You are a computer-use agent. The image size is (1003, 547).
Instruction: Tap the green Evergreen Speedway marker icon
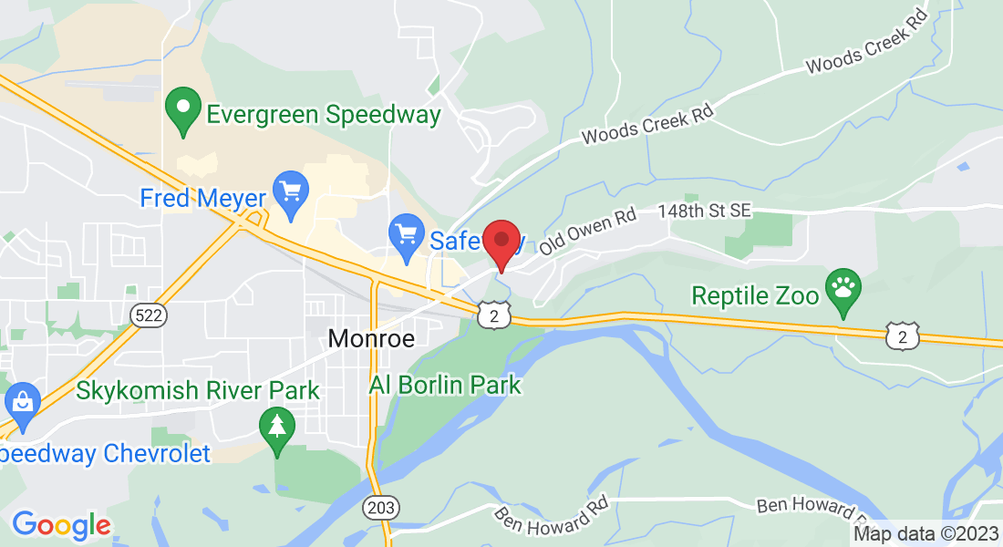[x=183, y=108]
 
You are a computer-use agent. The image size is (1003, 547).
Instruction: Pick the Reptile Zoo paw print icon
[x=843, y=289]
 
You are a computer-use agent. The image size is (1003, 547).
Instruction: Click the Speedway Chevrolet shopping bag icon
[x=19, y=402]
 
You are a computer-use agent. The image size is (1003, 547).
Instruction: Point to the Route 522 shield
[x=147, y=315]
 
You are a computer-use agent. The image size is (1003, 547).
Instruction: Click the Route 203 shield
[x=380, y=506]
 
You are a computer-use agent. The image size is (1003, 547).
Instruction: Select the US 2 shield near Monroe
[x=492, y=315]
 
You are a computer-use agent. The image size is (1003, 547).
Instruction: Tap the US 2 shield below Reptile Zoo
[x=902, y=336]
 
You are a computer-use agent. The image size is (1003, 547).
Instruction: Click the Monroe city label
[x=371, y=339]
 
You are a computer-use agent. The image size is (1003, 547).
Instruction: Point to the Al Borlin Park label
[x=445, y=385]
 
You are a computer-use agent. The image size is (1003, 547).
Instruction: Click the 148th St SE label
[x=704, y=212]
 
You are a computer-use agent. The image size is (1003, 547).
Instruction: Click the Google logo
[x=61, y=525]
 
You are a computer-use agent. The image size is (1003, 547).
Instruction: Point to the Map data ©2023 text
[x=925, y=534]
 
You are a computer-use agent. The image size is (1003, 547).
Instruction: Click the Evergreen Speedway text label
[x=324, y=115]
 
